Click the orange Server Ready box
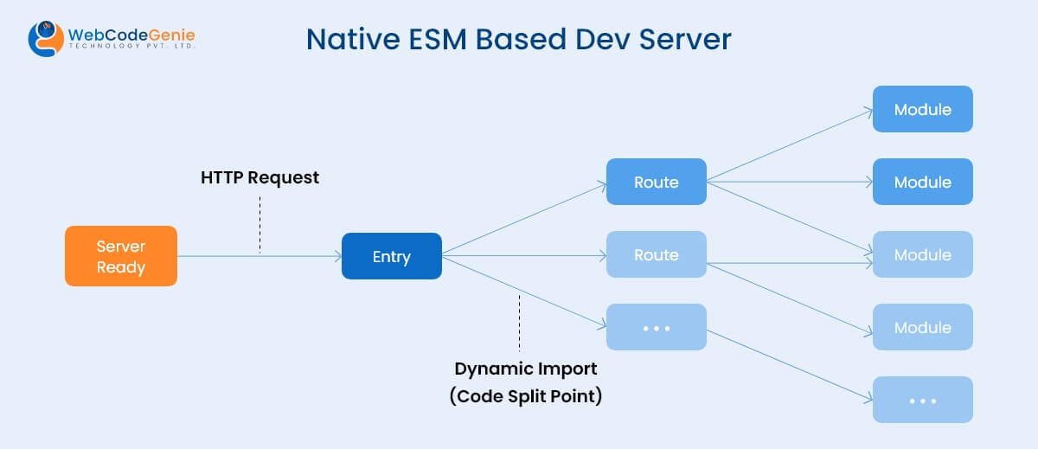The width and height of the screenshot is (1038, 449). pos(121,256)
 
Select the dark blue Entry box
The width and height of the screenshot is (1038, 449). pos(392,256)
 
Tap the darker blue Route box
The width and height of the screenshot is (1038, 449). pos(657,183)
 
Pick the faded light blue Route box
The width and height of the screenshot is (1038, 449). pos(657,255)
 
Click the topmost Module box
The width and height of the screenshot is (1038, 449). pos(923,110)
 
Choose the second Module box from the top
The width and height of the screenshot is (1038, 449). pos(923,183)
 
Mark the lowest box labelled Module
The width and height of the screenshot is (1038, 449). pos(923,328)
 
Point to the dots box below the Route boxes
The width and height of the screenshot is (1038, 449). pos(657,328)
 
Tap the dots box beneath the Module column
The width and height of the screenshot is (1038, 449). pos(923,401)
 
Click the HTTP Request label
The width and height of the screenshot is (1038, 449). pos(260,177)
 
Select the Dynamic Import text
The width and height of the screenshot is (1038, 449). pos(526,369)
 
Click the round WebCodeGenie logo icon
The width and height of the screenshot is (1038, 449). pos(46,39)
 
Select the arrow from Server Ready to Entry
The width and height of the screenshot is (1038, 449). pos(259,256)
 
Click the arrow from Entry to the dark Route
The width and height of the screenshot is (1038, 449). pos(523,219)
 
